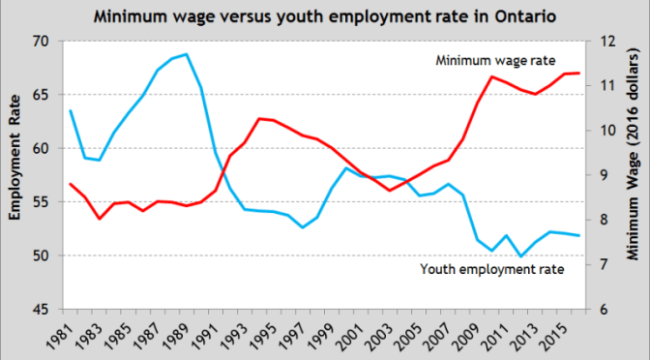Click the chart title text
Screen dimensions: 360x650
point(325,16)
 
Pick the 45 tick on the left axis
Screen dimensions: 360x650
point(40,310)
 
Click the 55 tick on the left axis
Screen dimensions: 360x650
point(40,202)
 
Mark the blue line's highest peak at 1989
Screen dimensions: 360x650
point(186,54)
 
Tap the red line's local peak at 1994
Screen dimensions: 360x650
point(258,118)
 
